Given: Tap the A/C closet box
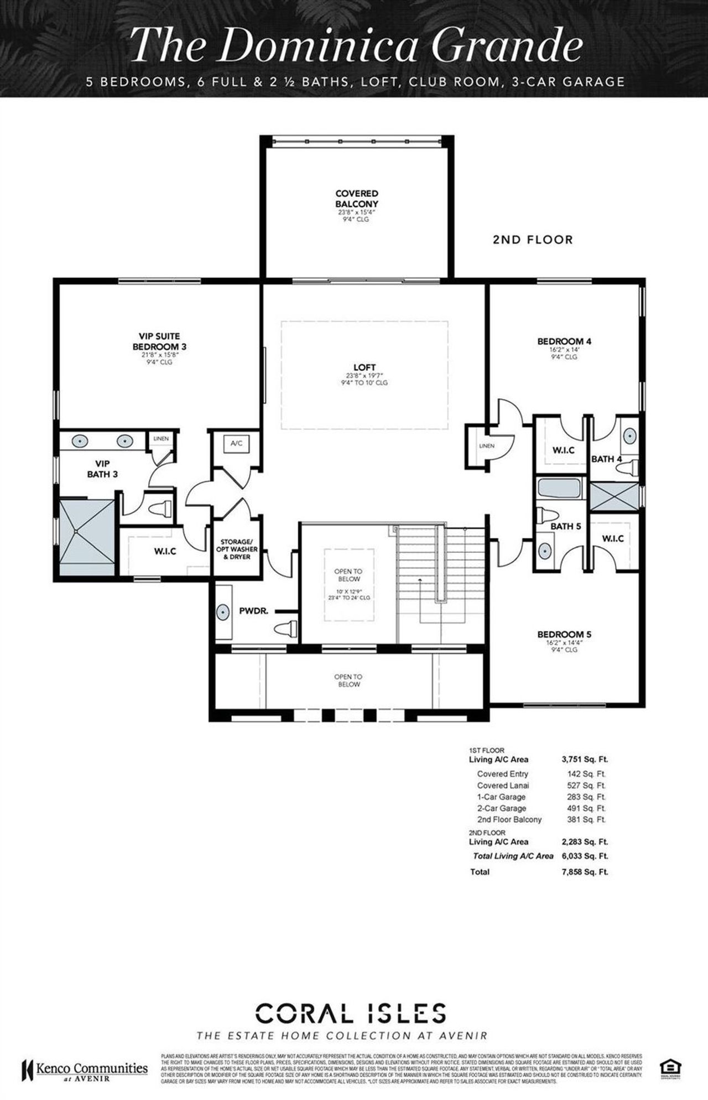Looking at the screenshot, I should click(237, 443).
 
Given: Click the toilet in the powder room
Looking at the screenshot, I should click(287, 629).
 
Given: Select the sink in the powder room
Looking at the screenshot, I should click(223, 613).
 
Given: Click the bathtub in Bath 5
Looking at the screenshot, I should click(559, 489).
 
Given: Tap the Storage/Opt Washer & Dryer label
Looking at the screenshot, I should click(237, 549).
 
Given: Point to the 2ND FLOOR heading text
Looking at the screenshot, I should click(533, 240).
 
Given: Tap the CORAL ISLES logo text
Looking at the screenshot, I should click(351, 1014).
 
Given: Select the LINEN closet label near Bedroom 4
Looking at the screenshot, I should click(487, 446).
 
